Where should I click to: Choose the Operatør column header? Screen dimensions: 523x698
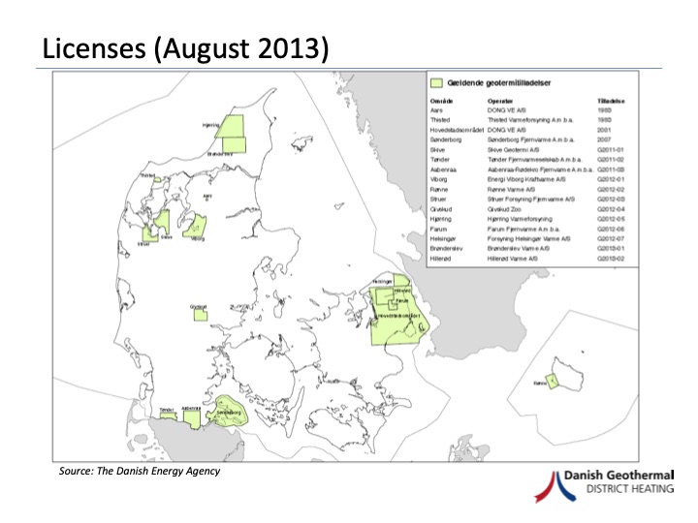(500, 101)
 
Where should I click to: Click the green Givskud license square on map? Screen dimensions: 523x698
(200, 311)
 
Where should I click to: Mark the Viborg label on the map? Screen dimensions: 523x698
(198, 237)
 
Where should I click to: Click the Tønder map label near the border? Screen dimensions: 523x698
(164, 409)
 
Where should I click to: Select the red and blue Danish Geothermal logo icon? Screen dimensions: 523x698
(567, 485)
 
